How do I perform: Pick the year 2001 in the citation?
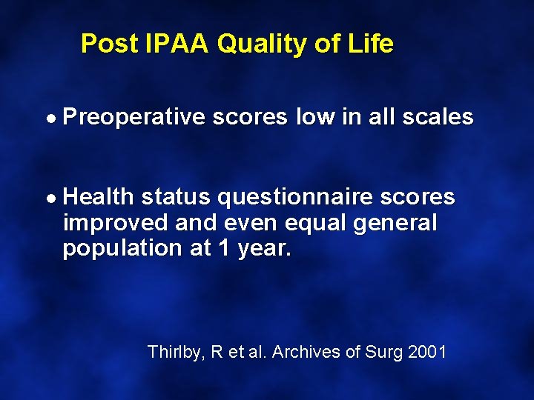(x=426, y=352)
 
